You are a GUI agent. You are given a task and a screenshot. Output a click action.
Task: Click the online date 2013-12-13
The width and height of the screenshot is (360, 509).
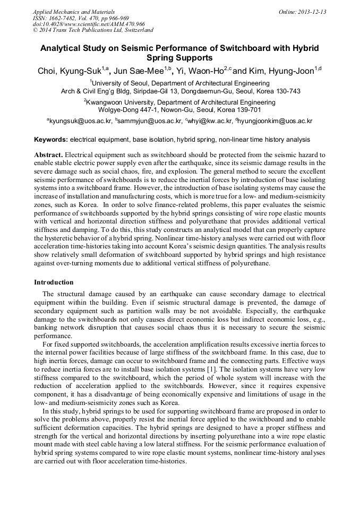click(310, 12)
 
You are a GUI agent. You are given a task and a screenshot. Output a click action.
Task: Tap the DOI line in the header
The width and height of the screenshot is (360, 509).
click(88, 24)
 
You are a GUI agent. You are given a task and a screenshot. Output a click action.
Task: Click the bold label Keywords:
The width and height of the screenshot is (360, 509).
click(51, 140)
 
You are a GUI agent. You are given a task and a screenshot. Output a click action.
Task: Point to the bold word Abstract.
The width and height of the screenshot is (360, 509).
click(48, 154)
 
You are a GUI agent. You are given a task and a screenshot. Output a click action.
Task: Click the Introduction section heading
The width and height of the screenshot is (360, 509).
click(54, 282)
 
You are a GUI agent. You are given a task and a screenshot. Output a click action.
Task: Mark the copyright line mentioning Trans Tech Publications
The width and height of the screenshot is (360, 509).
click(93, 31)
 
